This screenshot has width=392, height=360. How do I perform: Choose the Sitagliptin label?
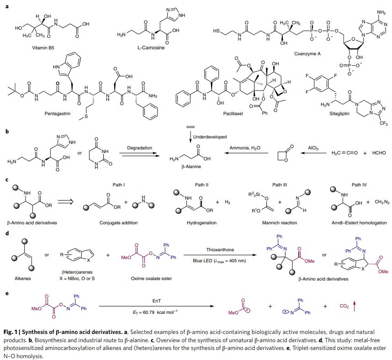(327, 111)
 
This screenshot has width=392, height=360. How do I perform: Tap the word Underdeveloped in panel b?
(210, 137)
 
